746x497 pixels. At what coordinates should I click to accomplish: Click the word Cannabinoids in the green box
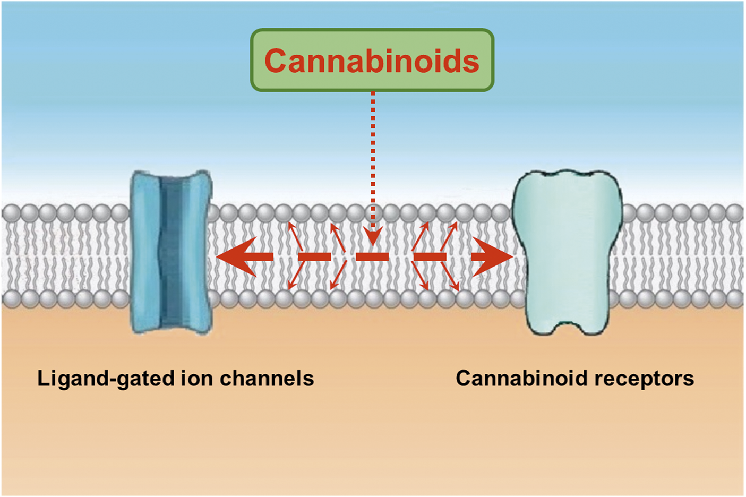(x=372, y=61)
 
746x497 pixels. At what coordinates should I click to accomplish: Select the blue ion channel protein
(x=171, y=252)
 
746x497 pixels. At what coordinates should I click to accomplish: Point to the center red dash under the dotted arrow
(x=372, y=257)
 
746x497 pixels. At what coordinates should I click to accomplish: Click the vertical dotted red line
(x=373, y=159)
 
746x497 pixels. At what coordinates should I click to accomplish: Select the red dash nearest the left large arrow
(x=314, y=257)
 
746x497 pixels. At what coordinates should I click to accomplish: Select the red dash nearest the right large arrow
(x=430, y=257)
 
